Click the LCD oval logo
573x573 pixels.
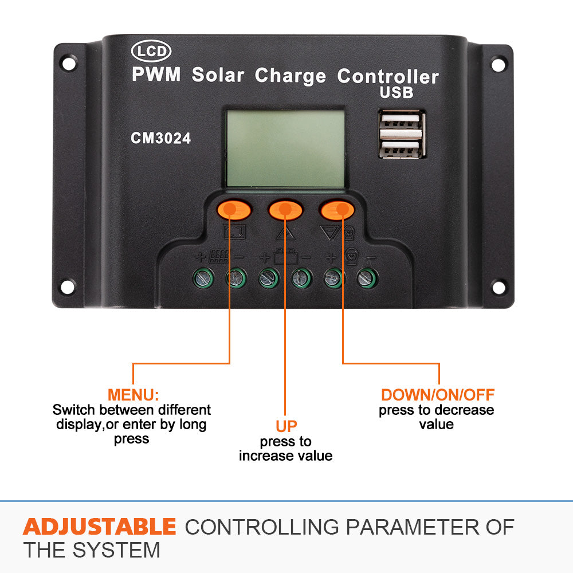tap(151, 52)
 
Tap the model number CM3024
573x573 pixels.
tap(160, 138)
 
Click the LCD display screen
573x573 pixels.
tap(285, 148)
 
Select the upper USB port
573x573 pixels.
tap(402, 121)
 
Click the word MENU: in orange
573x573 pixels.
tap(133, 395)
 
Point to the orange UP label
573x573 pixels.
tap(286, 426)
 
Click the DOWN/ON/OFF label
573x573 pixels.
tap(437, 395)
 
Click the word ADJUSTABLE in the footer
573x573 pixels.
tap(99, 526)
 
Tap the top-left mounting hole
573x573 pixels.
tap(69, 64)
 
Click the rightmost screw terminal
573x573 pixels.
tap(366, 278)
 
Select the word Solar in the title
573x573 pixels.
tap(218, 75)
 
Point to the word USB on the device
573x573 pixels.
tap(396, 92)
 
